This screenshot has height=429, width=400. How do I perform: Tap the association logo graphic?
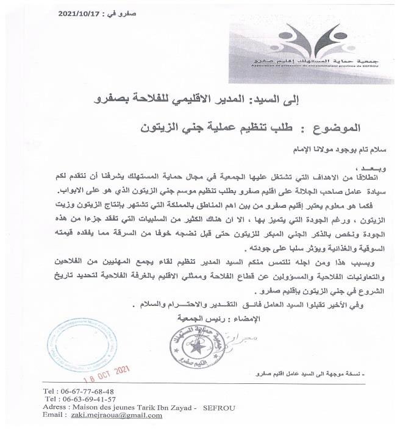pos(311,37)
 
